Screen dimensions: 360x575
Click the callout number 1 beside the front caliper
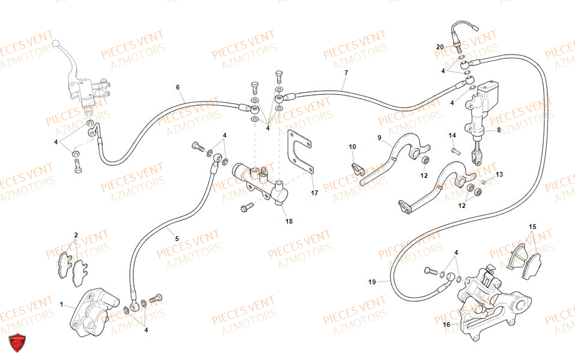pyautogui.click(x=61, y=305)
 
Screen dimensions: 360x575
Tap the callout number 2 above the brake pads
pyautogui.click(x=76, y=235)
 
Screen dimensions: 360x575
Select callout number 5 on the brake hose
pyautogui.click(x=177, y=239)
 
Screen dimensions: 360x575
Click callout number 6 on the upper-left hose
pyautogui.click(x=178, y=87)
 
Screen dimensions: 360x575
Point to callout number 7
pyautogui.click(x=346, y=73)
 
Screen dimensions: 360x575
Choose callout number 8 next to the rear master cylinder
pyautogui.click(x=499, y=130)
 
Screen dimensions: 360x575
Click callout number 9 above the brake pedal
pyautogui.click(x=379, y=138)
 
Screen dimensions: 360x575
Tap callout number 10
pyautogui.click(x=352, y=147)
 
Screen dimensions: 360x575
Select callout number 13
pyautogui.click(x=499, y=174)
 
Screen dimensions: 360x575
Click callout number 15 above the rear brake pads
pyautogui.click(x=532, y=227)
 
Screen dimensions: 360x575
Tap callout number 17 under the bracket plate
pyautogui.click(x=314, y=193)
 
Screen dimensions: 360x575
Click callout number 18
pyautogui.click(x=289, y=221)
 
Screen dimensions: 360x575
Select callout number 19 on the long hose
pyautogui.click(x=372, y=281)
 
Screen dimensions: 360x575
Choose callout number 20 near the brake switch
pyautogui.click(x=440, y=47)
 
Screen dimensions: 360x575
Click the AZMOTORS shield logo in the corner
pyautogui.click(x=16, y=343)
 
